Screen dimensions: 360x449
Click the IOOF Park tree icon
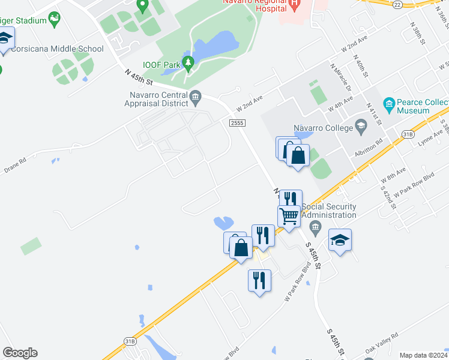pyautogui.click(x=188, y=63)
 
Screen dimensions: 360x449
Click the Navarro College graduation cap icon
pyautogui.click(x=361, y=126)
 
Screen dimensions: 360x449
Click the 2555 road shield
pyautogui.click(x=236, y=122)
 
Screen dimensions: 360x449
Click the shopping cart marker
pyautogui.click(x=289, y=215)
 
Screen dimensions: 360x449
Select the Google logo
pyautogui.click(x=20, y=353)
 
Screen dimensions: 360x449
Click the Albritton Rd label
pyautogui.click(x=369, y=149)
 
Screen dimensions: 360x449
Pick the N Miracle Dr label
pyautogui.click(x=342, y=77)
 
